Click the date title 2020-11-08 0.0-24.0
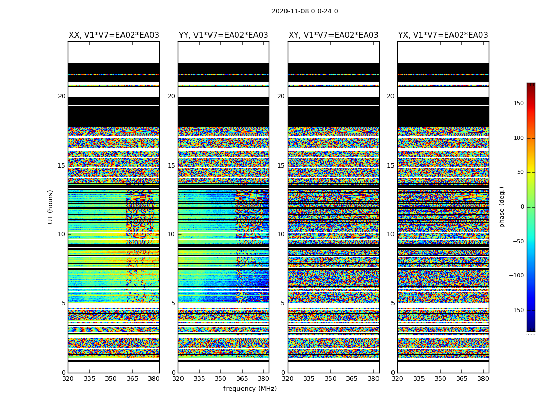(x=305, y=11)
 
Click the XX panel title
(x=114, y=35)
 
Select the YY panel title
(x=223, y=35)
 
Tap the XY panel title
(x=333, y=35)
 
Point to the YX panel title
(x=443, y=35)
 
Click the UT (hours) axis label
(x=50, y=206)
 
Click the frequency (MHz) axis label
(x=250, y=389)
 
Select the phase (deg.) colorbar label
(x=502, y=206)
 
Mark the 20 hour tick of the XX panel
(x=62, y=96)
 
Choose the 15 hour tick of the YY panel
(x=171, y=166)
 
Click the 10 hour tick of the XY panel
(x=281, y=234)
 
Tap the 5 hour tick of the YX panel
(x=393, y=303)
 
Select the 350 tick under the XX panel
(x=111, y=379)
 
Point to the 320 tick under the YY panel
(x=178, y=379)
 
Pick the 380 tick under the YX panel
(x=482, y=379)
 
